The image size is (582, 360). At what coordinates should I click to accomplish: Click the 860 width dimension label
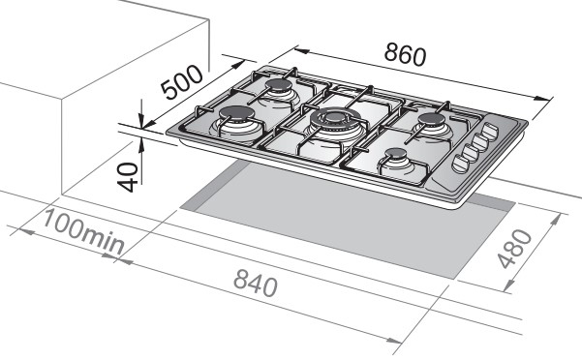click(x=405, y=55)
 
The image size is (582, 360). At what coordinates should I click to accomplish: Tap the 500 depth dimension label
click(x=182, y=82)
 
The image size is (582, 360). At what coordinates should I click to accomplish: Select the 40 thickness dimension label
click(x=128, y=177)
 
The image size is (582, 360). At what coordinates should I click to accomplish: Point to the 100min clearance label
click(x=83, y=232)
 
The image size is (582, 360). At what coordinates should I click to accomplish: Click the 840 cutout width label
click(x=256, y=284)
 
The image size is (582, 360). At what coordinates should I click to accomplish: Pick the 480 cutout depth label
click(x=514, y=249)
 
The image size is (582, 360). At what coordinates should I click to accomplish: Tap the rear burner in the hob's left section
click(x=278, y=92)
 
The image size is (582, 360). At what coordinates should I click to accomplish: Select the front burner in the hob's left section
click(x=236, y=121)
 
